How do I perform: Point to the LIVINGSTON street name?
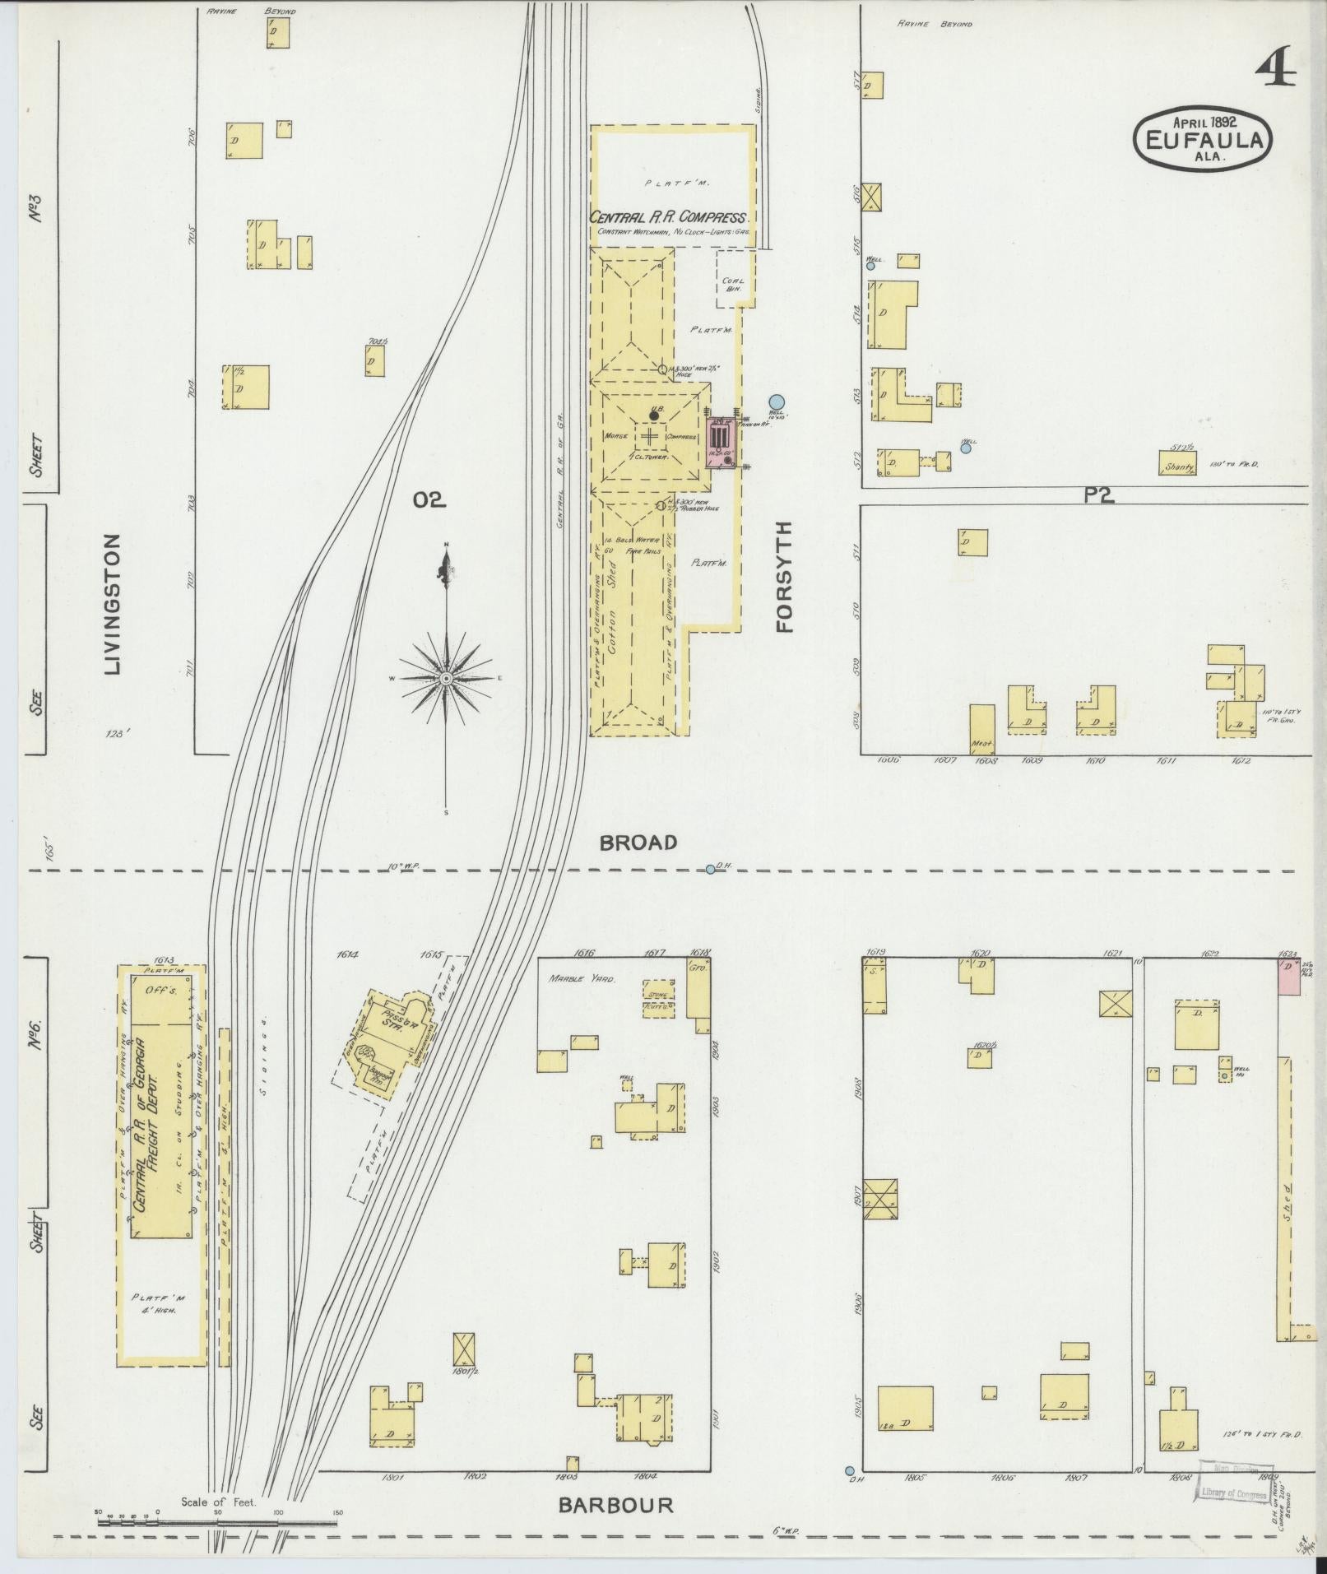(113, 604)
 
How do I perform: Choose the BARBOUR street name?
(616, 1505)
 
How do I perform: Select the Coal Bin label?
(732, 285)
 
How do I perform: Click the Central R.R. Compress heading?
(667, 218)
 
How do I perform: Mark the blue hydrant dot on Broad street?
(711, 869)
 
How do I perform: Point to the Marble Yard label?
(582, 979)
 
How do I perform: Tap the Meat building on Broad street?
(982, 730)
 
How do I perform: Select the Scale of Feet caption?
(219, 1502)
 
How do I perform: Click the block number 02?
(429, 499)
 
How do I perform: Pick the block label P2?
(1097, 494)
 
